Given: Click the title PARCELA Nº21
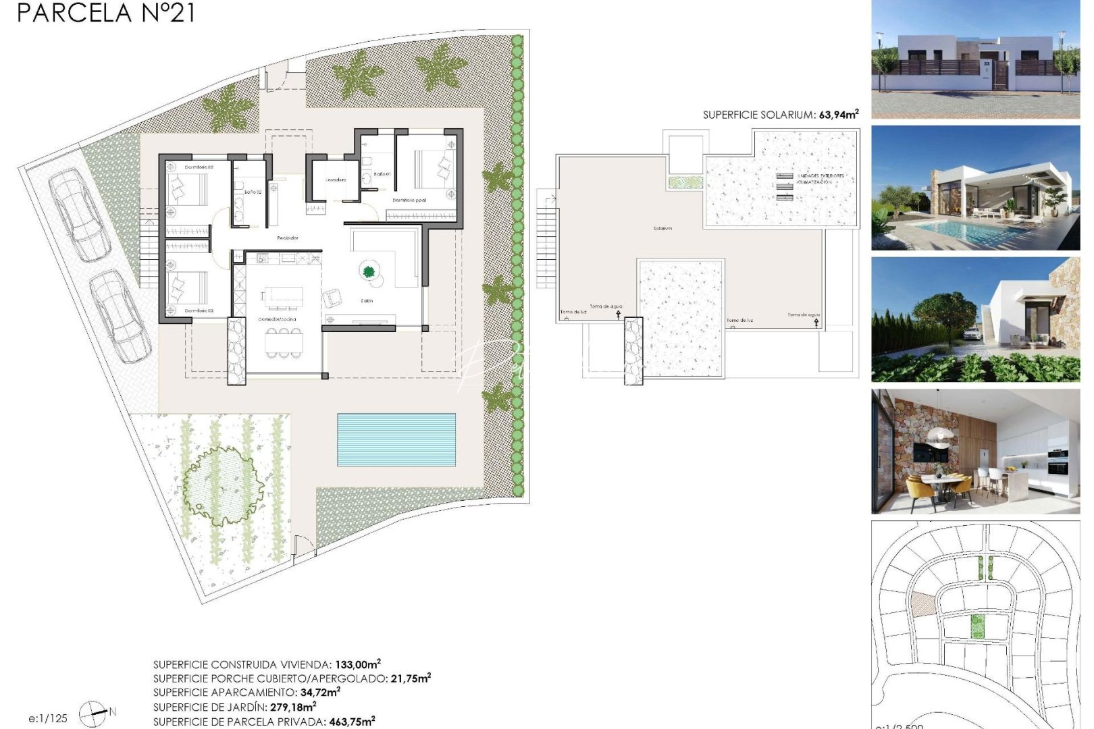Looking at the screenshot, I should click(106, 13).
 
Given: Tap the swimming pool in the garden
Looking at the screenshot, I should click(396, 439).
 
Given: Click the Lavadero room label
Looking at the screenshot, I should click(336, 180).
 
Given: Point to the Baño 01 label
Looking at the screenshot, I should click(382, 174).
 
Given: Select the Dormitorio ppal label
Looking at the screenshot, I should click(409, 200).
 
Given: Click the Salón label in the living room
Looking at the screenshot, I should click(367, 301).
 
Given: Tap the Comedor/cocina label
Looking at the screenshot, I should click(277, 319).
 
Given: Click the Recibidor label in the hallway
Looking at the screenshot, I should click(287, 238).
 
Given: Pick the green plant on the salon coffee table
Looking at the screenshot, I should click(369, 272).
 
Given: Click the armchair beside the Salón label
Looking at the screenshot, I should click(332, 297).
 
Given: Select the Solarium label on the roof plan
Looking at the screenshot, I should click(662, 229).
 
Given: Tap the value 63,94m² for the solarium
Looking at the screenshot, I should click(838, 115).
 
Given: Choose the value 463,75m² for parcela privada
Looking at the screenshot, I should click(351, 722).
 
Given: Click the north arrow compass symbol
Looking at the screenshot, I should click(93, 713).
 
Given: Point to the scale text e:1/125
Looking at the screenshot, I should click(48, 718).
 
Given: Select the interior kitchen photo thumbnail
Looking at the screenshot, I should click(975, 451).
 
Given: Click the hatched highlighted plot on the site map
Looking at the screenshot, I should click(922, 603).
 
